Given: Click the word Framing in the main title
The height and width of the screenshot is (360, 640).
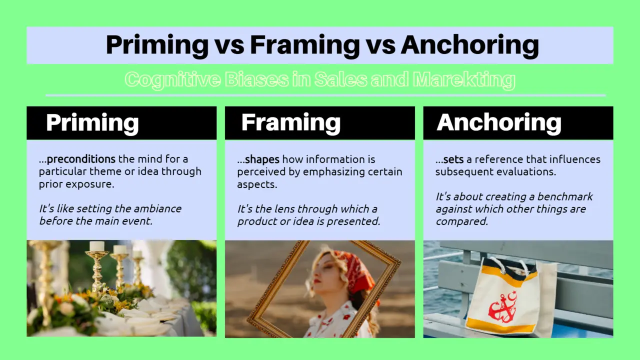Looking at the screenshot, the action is tap(304, 45).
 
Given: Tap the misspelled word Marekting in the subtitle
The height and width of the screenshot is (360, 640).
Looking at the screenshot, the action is tap(464, 79).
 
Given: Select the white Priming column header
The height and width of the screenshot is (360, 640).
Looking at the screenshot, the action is tap(92, 123).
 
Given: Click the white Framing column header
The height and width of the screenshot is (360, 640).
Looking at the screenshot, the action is tap(291, 123).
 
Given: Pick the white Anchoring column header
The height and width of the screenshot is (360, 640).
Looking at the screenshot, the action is tap(499, 123).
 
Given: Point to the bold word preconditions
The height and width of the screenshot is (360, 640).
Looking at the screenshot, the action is tap(81, 159).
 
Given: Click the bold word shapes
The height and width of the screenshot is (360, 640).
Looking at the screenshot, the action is tap(262, 159).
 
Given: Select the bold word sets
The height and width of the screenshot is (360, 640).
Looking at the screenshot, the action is tap(453, 159).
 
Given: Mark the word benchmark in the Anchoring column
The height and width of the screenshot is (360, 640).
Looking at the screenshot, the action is tap(565, 196).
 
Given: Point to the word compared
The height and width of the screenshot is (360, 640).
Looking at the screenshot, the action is tap(461, 221).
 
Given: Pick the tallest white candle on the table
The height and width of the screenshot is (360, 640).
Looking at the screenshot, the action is tap(97, 246).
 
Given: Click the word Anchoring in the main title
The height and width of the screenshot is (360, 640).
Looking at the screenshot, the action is tap(469, 45).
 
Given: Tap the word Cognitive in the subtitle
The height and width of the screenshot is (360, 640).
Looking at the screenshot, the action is tap(173, 79).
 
